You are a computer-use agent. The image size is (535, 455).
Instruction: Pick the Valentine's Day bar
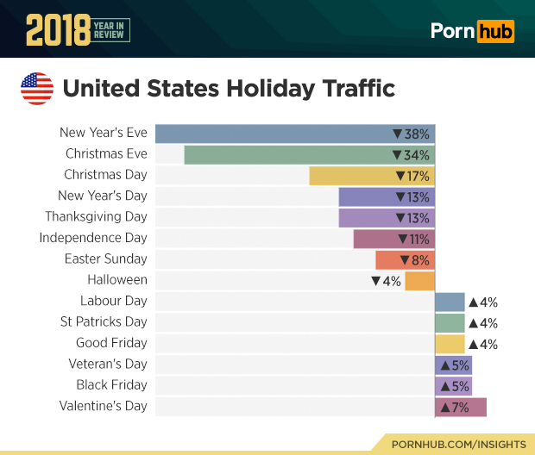(461, 406)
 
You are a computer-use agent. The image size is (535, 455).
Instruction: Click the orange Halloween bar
(419, 280)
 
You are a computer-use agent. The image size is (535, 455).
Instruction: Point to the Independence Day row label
(93, 238)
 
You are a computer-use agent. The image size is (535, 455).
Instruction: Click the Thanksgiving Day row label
(97, 216)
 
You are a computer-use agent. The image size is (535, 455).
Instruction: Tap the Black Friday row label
(111, 384)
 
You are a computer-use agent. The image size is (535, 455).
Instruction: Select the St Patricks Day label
(104, 321)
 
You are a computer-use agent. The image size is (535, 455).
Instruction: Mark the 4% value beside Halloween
(386, 280)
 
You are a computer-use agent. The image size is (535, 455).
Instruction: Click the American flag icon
(37, 89)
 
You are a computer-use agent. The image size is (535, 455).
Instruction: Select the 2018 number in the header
(58, 32)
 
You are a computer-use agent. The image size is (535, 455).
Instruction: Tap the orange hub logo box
(495, 32)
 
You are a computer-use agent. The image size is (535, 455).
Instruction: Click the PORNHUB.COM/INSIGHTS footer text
(458, 444)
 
